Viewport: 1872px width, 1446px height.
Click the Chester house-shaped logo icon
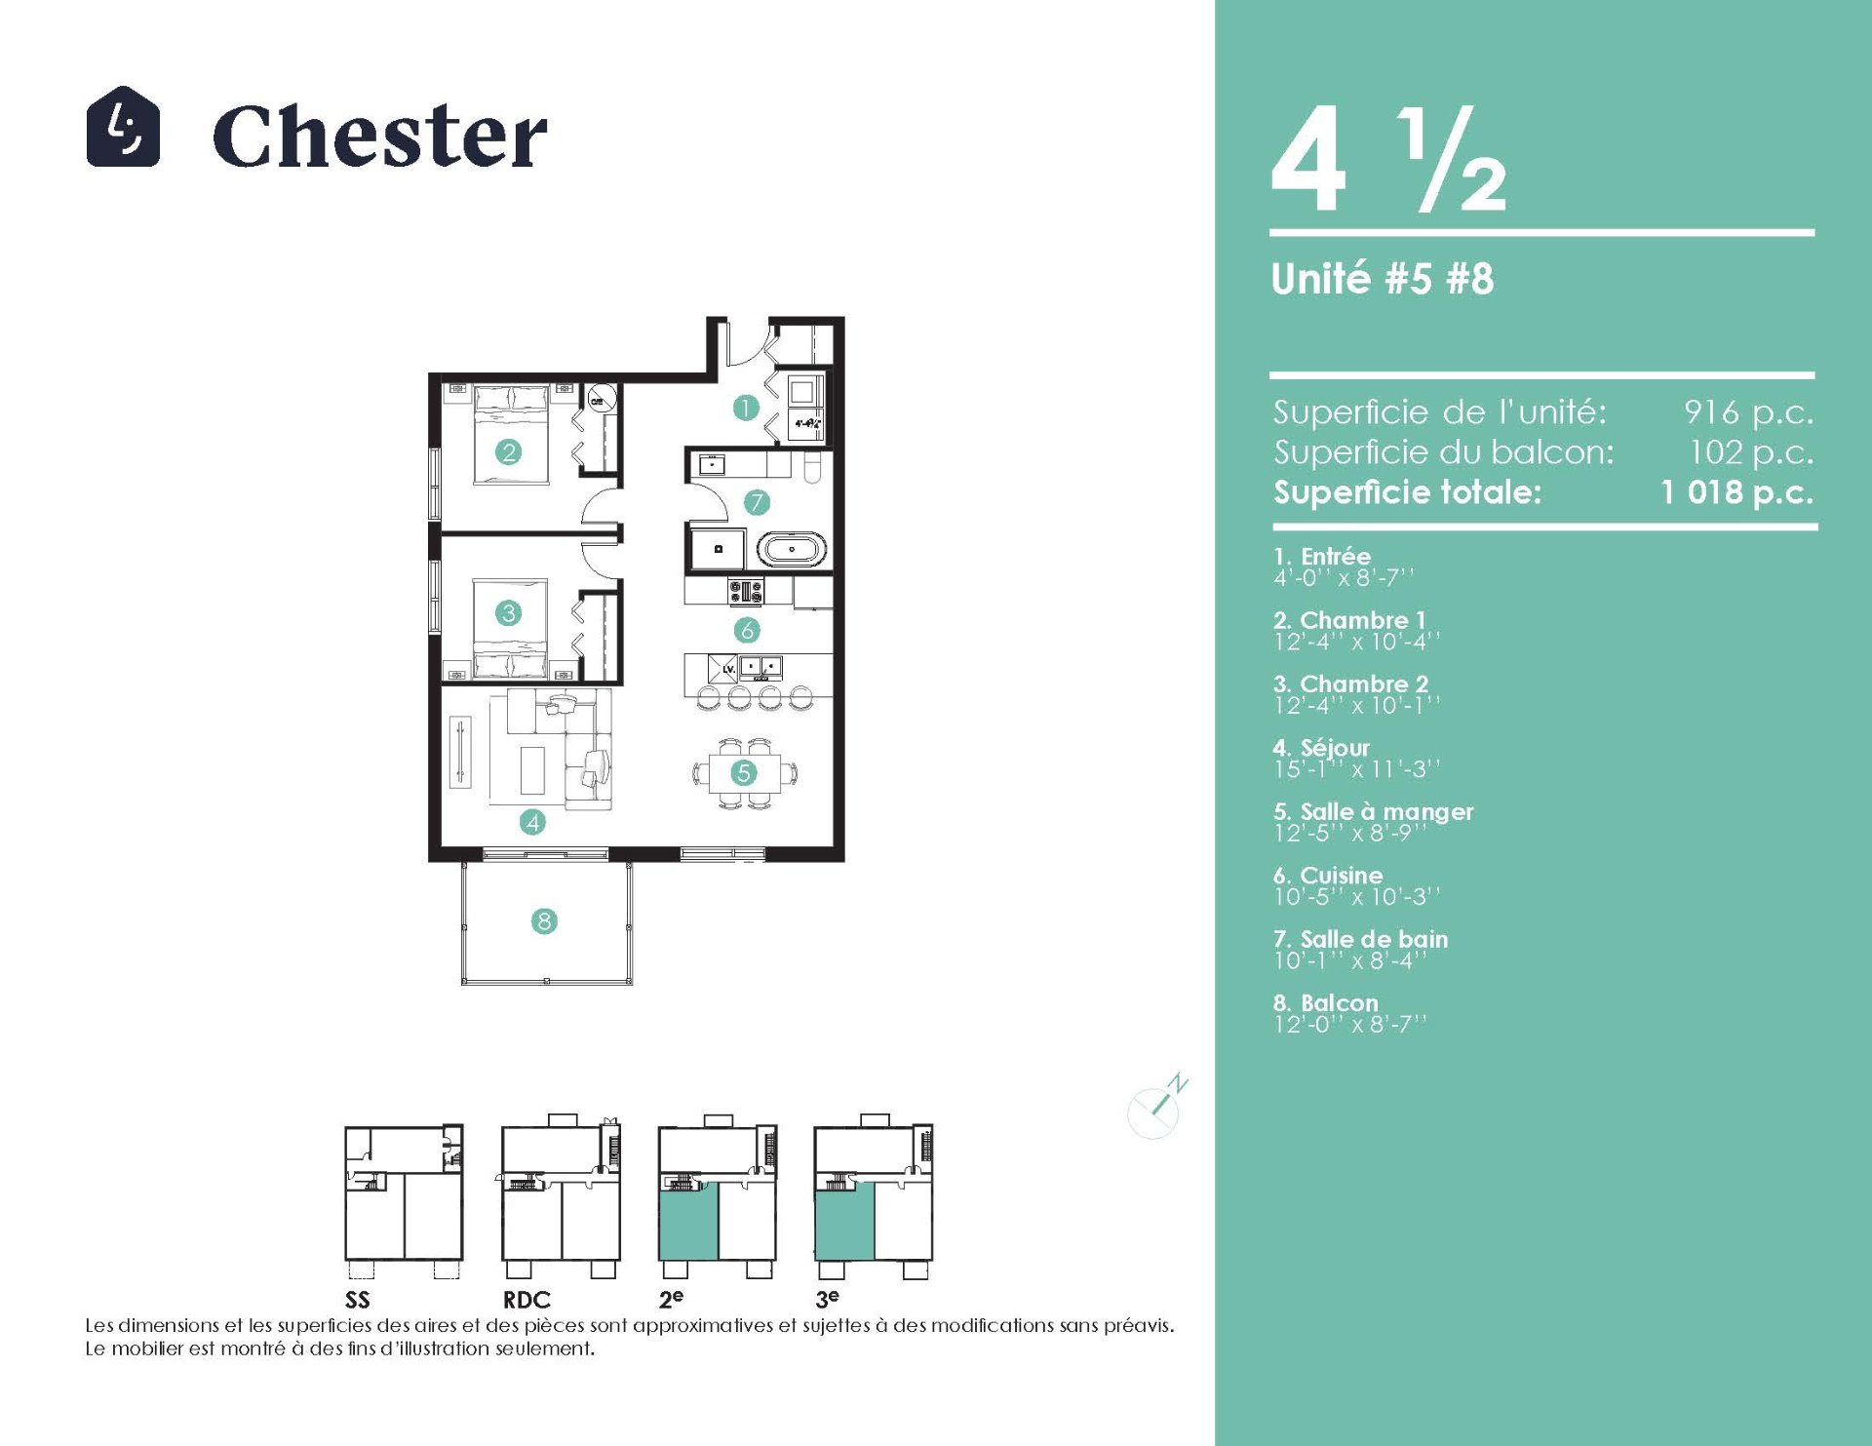pos(123,126)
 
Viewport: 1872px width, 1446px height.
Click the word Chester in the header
pos(379,136)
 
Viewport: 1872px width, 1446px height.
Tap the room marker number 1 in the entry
pos(746,408)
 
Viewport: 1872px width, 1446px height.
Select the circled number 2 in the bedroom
pos(508,451)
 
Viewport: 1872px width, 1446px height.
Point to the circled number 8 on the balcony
pos(544,920)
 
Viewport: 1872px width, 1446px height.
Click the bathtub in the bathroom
pos(792,549)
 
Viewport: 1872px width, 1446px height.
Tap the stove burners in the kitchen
pos(746,590)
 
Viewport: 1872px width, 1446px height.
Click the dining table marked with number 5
pos(745,773)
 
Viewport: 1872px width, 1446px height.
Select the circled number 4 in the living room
pos(532,822)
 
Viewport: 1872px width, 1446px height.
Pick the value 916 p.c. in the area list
pos(1748,412)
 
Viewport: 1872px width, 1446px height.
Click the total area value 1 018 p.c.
pos(1737,491)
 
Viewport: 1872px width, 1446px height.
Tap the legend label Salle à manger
pos(1386,811)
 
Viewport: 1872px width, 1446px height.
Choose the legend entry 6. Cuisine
pos(1328,875)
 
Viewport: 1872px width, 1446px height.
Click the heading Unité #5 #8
pos(1383,279)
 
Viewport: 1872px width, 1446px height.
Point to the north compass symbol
pos(1157,1107)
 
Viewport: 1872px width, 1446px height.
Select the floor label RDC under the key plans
pos(526,1300)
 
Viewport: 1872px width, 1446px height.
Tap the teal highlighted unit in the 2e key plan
pos(688,1221)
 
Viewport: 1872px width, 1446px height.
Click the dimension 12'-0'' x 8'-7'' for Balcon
pos(1349,1024)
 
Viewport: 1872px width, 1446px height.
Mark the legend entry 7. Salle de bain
pos(1361,939)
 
